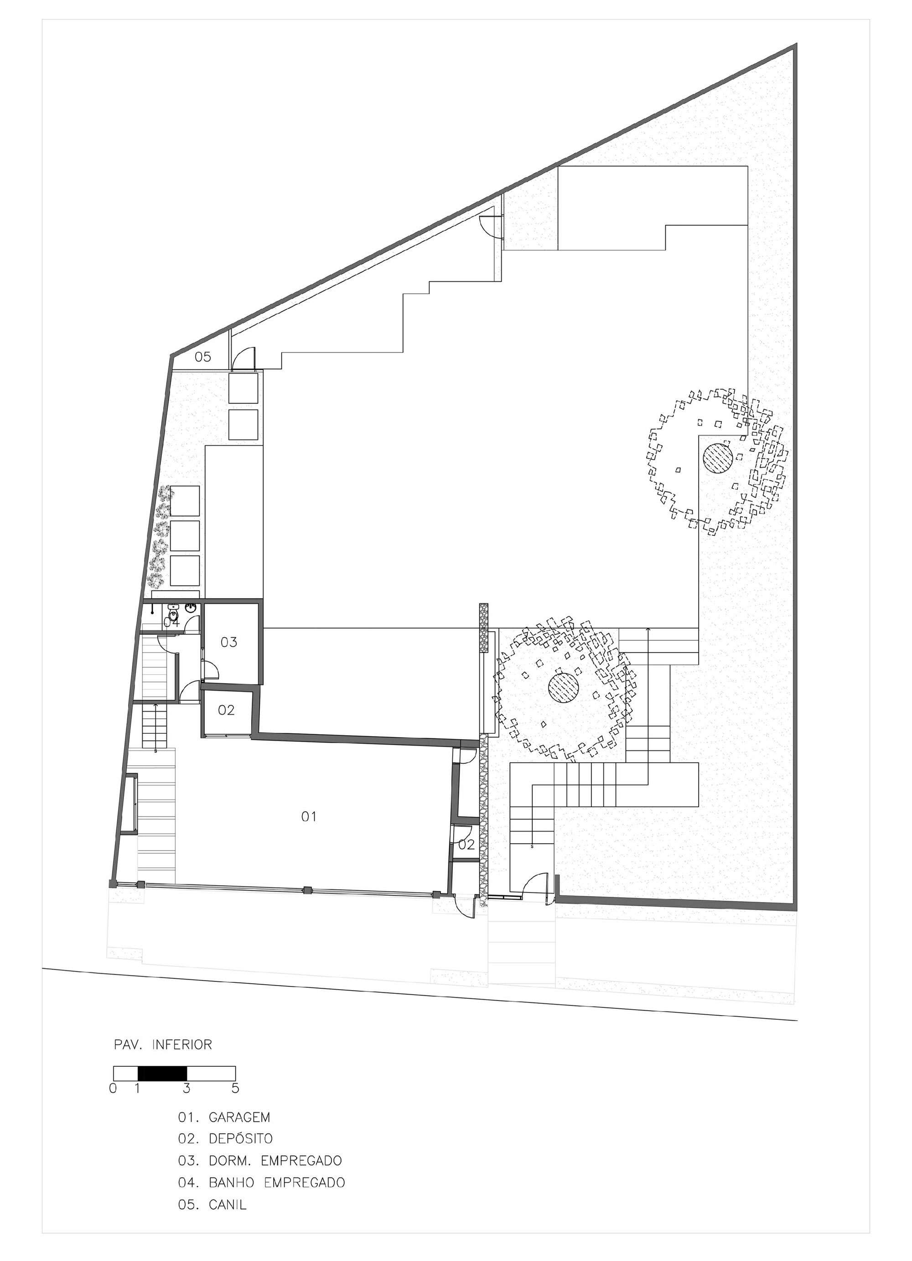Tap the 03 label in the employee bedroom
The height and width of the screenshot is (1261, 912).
click(x=229, y=642)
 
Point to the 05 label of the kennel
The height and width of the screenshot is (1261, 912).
click(x=203, y=357)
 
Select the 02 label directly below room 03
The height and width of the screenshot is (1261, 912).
click(x=226, y=710)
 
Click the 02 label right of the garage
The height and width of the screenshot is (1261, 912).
click(x=467, y=845)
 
